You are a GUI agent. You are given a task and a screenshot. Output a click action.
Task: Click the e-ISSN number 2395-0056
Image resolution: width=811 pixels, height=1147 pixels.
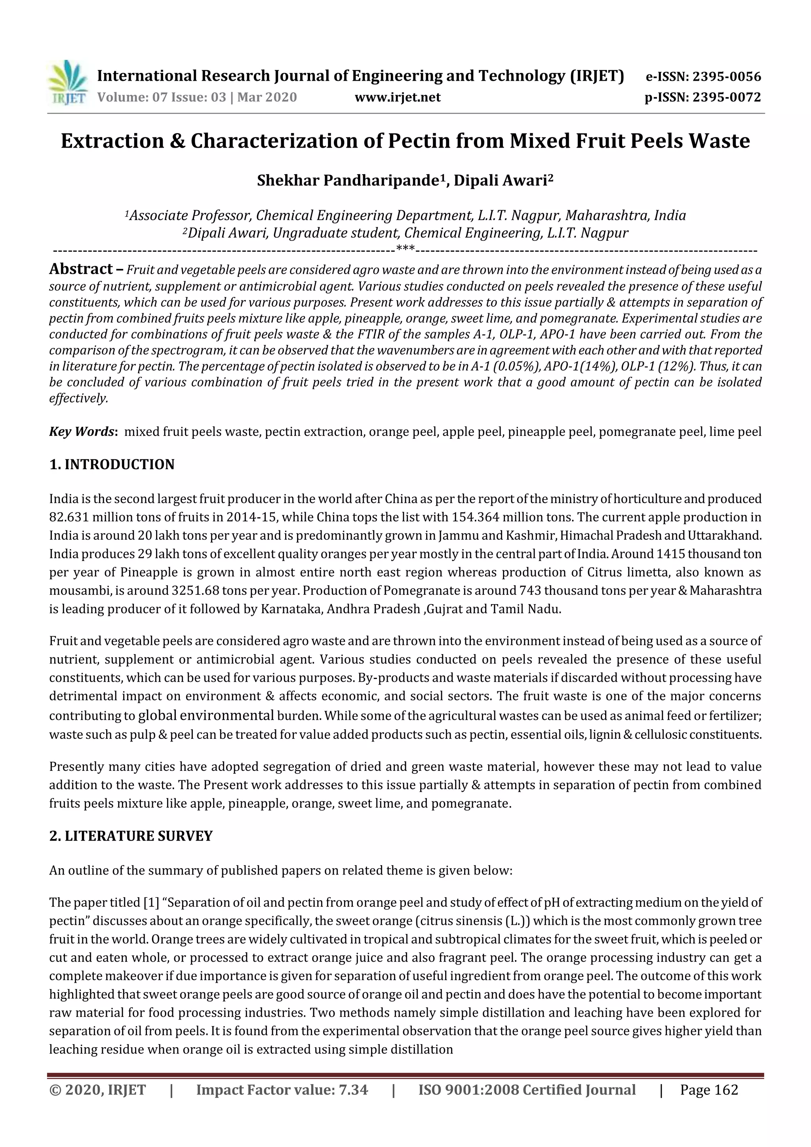coord(727,77)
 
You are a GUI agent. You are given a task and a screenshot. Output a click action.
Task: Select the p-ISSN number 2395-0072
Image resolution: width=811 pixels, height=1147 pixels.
coord(727,97)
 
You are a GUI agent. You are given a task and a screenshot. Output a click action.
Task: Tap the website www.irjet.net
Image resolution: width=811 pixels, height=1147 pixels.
coord(397,97)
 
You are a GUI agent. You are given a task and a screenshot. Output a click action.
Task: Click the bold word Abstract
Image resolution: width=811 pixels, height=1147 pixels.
coord(81,269)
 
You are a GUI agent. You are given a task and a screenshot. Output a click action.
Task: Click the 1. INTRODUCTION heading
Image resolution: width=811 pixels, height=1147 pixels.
coord(112,464)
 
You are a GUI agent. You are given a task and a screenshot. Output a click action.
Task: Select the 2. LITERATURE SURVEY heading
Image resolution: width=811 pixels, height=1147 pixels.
coord(131,836)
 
